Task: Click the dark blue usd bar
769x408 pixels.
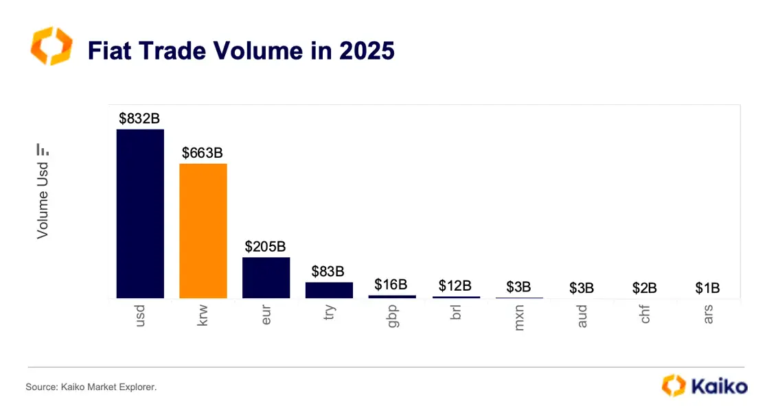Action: click(140, 213)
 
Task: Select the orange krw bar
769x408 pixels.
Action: click(203, 230)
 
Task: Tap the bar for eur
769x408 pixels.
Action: click(266, 277)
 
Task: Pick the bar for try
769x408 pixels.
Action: click(329, 290)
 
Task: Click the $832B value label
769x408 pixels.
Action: click(139, 118)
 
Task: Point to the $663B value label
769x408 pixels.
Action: click(203, 152)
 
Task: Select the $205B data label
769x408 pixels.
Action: click(266, 246)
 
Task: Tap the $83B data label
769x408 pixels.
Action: click(329, 272)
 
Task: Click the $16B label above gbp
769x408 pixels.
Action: click(391, 285)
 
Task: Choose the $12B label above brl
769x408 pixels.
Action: click(455, 285)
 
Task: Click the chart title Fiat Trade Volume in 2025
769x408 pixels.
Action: click(241, 51)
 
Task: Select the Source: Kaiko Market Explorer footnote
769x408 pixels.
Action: click(91, 387)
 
